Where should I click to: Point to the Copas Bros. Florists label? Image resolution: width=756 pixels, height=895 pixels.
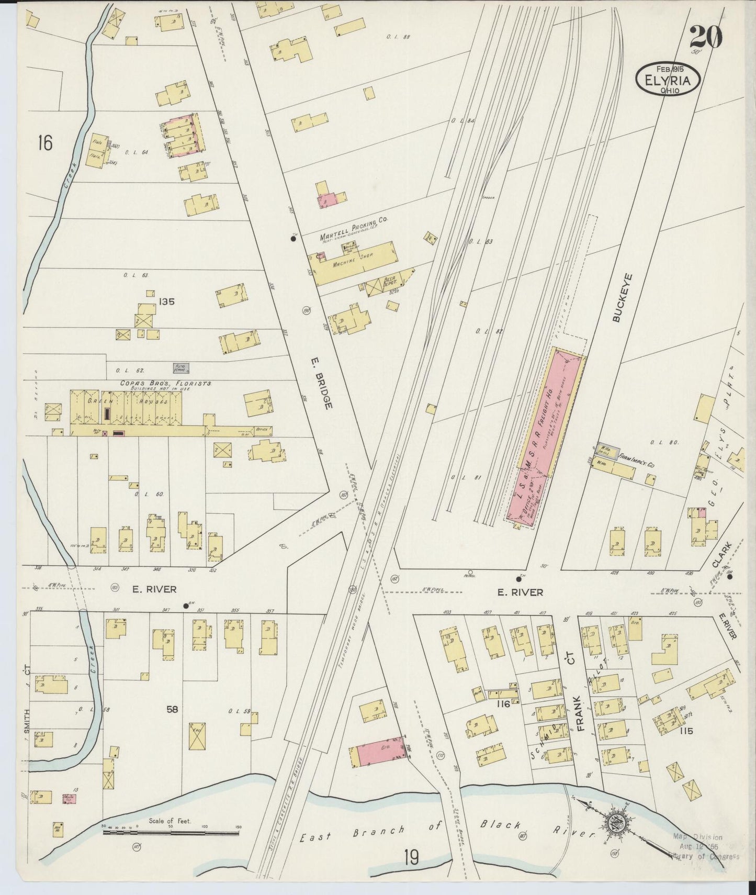tap(165, 383)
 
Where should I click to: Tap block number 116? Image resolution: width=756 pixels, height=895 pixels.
tap(503, 704)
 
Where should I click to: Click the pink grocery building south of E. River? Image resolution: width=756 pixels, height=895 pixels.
tap(377, 754)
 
